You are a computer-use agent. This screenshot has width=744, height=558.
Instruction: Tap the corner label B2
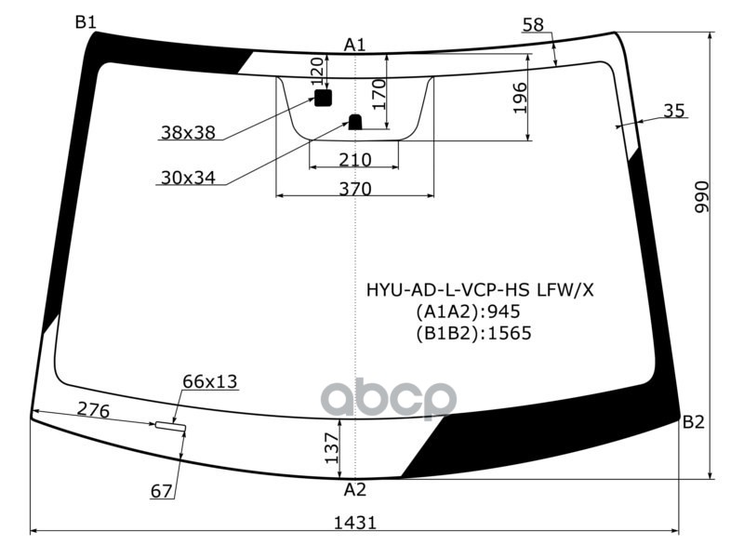tap(693, 422)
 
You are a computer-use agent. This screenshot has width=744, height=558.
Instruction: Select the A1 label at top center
tap(354, 44)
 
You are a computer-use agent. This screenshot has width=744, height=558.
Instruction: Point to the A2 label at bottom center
tap(354, 489)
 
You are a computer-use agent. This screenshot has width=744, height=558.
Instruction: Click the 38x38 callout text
tap(187, 133)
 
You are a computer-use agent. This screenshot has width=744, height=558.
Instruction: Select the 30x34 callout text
tap(187, 178)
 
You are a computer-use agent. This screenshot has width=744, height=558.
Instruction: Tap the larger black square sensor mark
tap(323, 98)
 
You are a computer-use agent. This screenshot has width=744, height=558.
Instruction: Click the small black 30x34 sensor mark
tap(354, 121)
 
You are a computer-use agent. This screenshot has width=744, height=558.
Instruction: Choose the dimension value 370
tap(354, 189)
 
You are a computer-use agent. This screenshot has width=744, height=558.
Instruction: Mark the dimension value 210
tap(354, 160)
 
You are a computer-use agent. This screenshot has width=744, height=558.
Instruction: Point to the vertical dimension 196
tap(520, 98)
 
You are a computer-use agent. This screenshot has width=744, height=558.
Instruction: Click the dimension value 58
tap(533, 25)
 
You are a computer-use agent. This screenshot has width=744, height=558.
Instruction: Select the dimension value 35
tap(674, 111)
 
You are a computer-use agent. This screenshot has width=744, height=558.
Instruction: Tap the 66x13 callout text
tap(209, 380)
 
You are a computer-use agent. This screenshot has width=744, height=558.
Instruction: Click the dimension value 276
tap(93, 409)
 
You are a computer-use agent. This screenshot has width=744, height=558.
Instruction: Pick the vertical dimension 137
tap(331, 448)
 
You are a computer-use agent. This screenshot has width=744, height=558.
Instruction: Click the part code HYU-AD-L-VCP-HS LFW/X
tap(479, 290)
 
